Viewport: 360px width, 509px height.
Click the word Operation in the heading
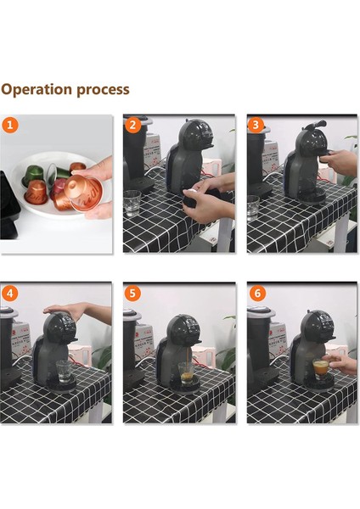tap(36, 90)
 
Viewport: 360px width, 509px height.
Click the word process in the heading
tap(103, 91)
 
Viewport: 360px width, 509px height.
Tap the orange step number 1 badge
tap(10, 125)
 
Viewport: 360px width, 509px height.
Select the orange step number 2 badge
tap(133, 125)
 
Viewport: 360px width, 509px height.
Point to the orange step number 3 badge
tap(256, 125)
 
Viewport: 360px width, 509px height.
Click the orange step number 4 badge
tap(10, 294)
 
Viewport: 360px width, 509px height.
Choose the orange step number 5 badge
tap(133, 294)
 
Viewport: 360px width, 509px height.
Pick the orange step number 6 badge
tap(257, 294)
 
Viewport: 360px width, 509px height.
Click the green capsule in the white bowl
tap(33, 175)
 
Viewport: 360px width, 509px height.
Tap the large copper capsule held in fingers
tap(83, 193)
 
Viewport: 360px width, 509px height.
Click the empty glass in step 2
tap(132, 203)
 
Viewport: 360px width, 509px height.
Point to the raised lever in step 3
tap(314, 125)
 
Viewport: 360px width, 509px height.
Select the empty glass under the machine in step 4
tap(64, 371)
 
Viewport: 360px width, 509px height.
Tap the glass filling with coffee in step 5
tap(186, 373)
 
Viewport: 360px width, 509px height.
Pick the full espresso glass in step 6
tap(321, 369)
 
